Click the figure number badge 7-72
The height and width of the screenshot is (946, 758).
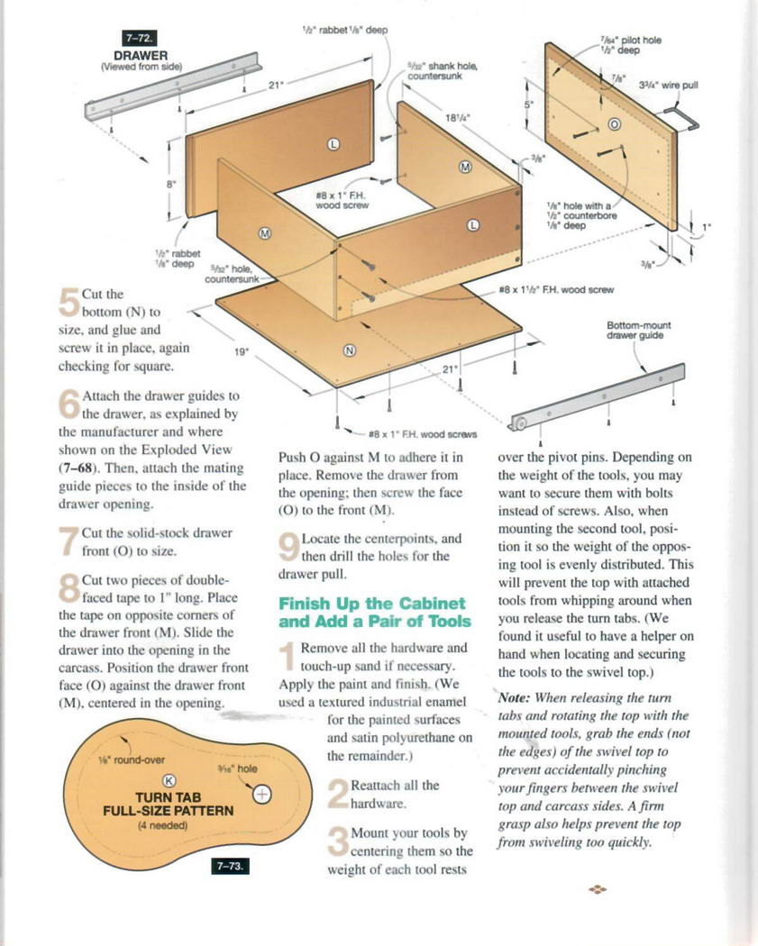pyautogui.click(x=139, y=39)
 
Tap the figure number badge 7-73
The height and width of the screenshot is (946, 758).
pyautogui.click(x=229, y=866)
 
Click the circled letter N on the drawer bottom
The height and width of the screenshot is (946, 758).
pyautogui.click(x=350, y=350)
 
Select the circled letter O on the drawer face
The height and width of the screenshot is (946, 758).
pyautogui.click(x=614, y=124)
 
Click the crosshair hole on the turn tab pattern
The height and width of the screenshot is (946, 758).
pyautogui.click(x=262, y=794)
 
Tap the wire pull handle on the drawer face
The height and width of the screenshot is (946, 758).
pyautogui.click(x=683, y=117)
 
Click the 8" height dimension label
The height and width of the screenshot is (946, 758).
pyautogui.click(x=170, y=184)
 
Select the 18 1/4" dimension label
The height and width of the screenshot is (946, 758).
pyautogui.click(x=456, y=118)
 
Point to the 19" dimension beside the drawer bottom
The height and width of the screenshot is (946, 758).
pyautogui.click(x=241, y=351)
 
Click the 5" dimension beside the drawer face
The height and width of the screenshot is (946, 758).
pyautogui.click(x=529, y=105)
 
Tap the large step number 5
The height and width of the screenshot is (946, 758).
pyautogui.click(x=69, y=302)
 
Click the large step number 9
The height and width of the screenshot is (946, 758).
pyautogui.click(x=289, y=547)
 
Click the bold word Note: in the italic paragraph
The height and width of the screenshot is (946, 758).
pyautogui.click(x=514, y=698)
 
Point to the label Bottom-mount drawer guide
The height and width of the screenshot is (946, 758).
pyautogui.click(x=638, y=330)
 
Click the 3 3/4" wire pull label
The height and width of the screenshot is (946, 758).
pyautogui.click(x=668, y=85)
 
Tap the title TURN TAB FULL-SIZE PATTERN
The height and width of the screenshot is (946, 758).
pyautogui.click(x=169, y=804)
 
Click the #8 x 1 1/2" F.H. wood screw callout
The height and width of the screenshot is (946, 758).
pyautogui.click(x=556, y=289)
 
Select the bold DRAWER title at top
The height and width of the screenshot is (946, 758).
pyautogui.click(x=141, y=56)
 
